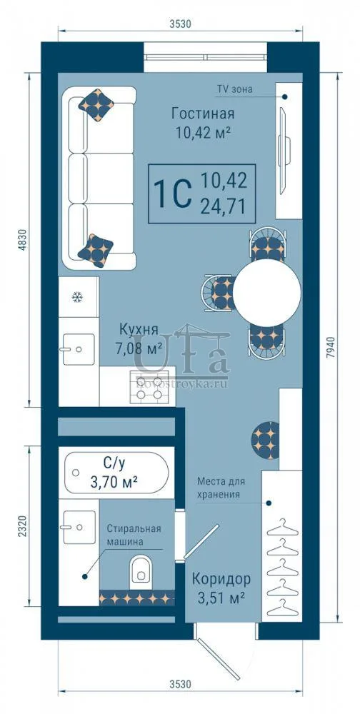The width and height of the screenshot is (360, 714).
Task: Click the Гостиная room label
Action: coord(203,113)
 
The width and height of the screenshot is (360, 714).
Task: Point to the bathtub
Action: coord(116,473)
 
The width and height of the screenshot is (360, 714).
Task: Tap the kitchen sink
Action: coord(79,349)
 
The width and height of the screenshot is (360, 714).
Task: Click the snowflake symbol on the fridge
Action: coord(77,297)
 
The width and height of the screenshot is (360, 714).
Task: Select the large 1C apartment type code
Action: coord(172,194)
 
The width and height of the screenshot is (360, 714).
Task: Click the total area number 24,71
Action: coord(224,207)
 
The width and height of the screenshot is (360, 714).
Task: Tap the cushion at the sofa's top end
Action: coord(96,105)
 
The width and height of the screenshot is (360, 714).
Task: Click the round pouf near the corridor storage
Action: coord(265,441)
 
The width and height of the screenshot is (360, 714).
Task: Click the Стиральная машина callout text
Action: coord(134,535)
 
